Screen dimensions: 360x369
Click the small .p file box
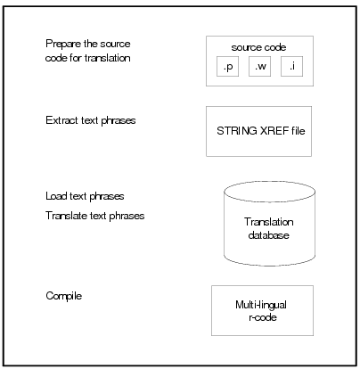click(x=227, y=66)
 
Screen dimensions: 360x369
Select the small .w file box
click(x=259, y=66)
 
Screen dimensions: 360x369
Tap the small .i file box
click(x=292, y=66)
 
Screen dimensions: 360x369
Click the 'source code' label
click(x=258, y=47)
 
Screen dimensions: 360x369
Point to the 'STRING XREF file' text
click(x=261, y=131)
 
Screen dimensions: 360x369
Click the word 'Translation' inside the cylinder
click(x=269, y=222)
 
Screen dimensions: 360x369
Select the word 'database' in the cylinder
click(x=268, y=235)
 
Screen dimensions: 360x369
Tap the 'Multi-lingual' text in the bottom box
click(x=261, y=305)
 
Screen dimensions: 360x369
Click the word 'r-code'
click(x=263, y=317)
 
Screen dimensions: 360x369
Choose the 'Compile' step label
click(x=64, y=296)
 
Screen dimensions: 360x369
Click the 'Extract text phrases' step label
click(x=91, y=120)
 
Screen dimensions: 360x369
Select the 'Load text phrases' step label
click(x=85, y=196)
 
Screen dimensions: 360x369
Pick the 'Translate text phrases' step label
click(x=95, y=216)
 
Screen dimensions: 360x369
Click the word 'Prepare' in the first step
click(x=63, y=44)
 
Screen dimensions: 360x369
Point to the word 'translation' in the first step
click(x=107, y=58)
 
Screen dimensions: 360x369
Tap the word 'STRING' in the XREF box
click(x=237, y=131)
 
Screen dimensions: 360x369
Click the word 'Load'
click(x=56, y=196)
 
